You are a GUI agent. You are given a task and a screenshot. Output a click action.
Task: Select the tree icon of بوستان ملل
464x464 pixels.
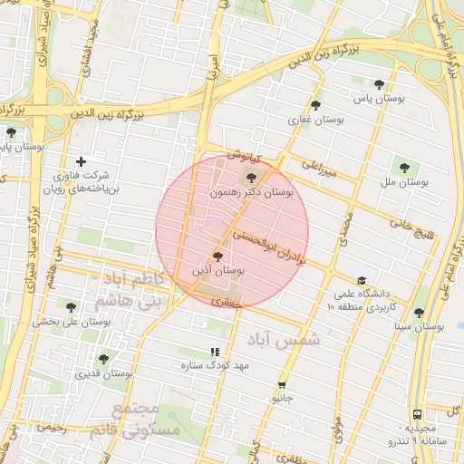click(x=401, y=168)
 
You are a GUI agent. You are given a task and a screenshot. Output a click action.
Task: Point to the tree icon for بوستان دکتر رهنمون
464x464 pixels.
click(x=251, y=179)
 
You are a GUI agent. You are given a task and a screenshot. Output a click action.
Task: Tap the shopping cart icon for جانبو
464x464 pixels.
click(x=281, y=384)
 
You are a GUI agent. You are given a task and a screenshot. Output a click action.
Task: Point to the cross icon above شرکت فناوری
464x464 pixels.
click(x=81, y=161)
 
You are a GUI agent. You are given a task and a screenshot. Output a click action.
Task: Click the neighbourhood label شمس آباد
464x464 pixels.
click(x=284, y=339)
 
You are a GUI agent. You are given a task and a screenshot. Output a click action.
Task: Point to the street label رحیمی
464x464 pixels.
click(x=51, y=427)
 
